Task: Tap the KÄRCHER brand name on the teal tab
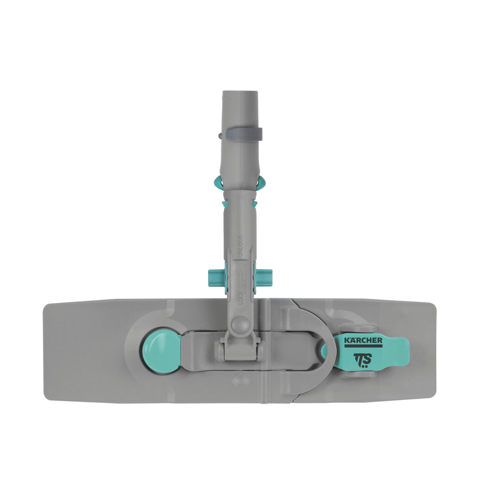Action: tap(363, 341)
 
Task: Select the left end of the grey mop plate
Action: tap(54, 351)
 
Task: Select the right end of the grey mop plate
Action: tap(428, 351)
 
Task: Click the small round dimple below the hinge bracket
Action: tap(241, 378)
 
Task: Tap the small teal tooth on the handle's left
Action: tap(224, 204)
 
